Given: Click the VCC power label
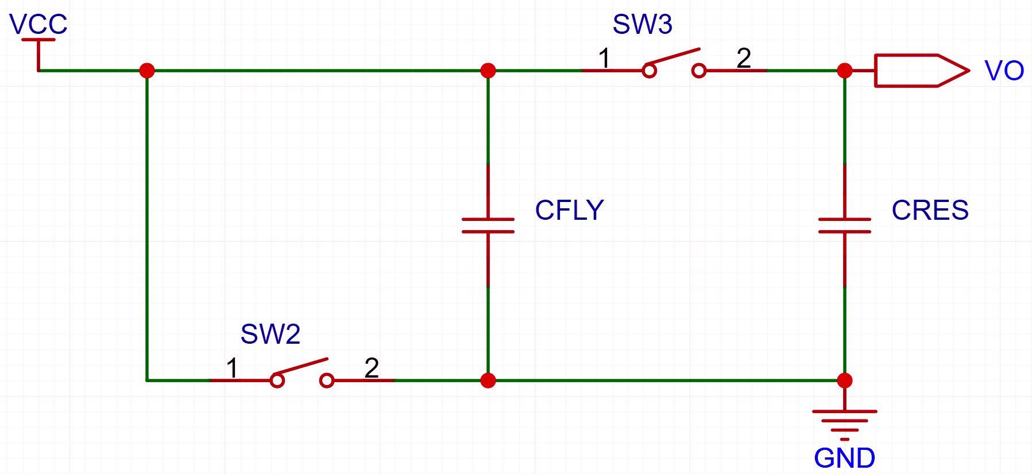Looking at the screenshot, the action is pyautogui.click(x=38, y=25).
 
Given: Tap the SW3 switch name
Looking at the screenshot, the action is pyautogui.click(x=642, y=24).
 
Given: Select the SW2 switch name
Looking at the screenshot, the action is pyautogui.click(x=270, y=334).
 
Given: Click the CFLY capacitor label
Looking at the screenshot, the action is pyautogui.click(x=569, y=210).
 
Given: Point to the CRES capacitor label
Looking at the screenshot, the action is pyautogui.click(x=930, y=210).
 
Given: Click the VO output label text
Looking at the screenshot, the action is pyautogui.click(x=1004, y=71).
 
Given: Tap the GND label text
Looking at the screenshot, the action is pyautogui.click(x=844, y=458).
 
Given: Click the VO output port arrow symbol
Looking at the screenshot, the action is pyautogui.click(x=922, y=71).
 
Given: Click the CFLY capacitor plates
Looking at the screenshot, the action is pyautogui.click(x=488, y=226).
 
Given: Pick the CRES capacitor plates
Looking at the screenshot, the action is pyautogui.click(x=845, y=226).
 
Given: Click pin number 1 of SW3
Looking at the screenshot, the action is pyautogui.click(x=604, y=58).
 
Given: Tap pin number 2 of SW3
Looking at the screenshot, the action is pyautogui.click(x=744, y=58).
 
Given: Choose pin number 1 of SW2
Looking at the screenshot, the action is pyautogui.click(x=232, y=368).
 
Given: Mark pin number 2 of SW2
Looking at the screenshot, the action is pyautogui.click(x=372, y=368).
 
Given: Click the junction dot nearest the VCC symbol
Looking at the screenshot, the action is pyautogui.click(x=147, y=71).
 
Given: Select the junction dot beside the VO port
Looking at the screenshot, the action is pyautogui.click(x=845, y=71).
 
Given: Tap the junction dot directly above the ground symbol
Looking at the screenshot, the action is pyautogui.click(x=845, y=380).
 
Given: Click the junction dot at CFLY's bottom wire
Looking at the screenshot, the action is pyautogui.click(x=488, y=380).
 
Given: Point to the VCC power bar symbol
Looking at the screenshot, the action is pyautogui.click(x=38, y=40).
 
